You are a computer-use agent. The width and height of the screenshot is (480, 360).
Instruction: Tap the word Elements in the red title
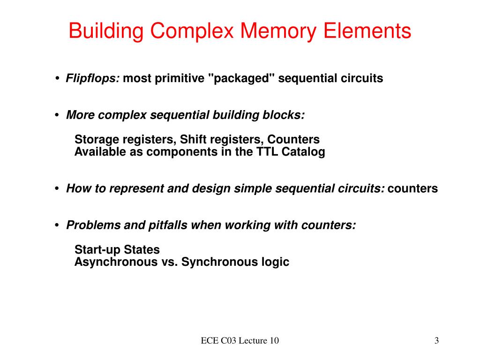(374, 31)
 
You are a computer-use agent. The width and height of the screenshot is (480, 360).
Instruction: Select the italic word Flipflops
(93, 78)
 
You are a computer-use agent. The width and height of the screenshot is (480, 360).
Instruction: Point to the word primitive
(180, 78)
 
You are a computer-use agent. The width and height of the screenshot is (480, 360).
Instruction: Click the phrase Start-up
(97, 250)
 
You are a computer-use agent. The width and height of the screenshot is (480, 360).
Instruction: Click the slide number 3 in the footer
(436, 341)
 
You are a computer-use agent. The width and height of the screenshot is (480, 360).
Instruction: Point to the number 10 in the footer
(274, 341)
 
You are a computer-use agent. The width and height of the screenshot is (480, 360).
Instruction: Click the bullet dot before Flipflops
(57, 79)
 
